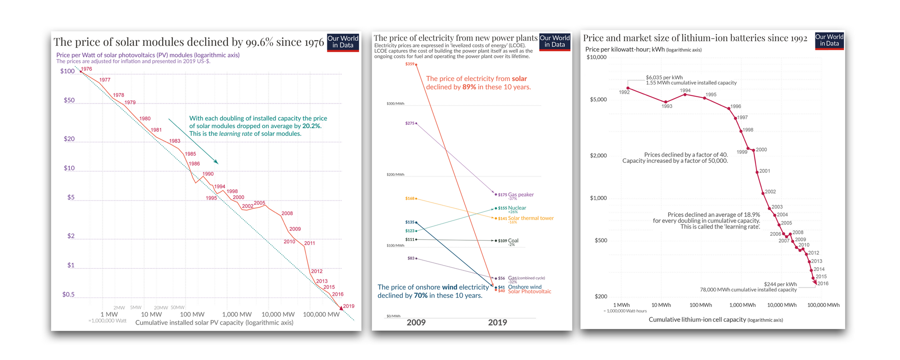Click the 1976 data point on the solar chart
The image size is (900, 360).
81,72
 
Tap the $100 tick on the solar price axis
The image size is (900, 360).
67,71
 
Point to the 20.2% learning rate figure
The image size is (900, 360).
311,126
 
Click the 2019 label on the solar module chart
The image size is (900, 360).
348,306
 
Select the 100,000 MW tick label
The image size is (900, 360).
321,314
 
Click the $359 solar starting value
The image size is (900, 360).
409,64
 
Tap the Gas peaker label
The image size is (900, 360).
521,195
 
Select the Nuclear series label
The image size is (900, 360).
517,208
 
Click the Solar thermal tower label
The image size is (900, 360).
531,218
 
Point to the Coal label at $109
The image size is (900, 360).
513,241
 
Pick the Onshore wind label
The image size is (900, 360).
525,287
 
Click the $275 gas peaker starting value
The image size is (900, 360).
409,123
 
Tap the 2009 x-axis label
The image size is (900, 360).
416,322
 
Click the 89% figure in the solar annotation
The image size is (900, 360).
469,87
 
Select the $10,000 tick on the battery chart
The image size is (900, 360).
596,57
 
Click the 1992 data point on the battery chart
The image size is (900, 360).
628,88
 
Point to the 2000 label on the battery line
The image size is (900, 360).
761,150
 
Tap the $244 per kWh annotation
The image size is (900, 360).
780,284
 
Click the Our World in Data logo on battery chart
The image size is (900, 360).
829,40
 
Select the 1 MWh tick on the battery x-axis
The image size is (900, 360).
621,305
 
